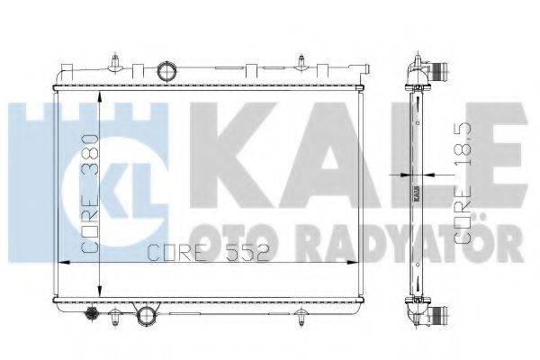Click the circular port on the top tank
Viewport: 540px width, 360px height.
tap(165, 71)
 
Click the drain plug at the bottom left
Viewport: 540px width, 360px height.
tap(90, 314)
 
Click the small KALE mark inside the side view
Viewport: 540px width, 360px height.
tap(415, 191)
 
